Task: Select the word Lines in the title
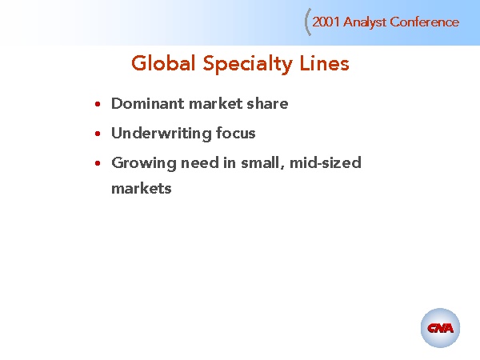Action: point(324,64)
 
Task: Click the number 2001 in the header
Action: point(326,22)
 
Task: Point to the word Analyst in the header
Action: point(365,22)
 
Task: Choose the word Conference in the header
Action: point(425,22)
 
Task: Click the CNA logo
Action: point(440,328)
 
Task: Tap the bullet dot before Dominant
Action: point(97,105)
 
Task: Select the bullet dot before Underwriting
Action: point(97,134)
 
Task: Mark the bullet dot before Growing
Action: point(97,164)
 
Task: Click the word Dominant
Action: point(147,104)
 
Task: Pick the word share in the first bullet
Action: point(268,104)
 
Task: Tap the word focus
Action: point(236,134)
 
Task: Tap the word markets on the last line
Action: point(142,190)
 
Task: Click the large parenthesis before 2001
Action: point(308,23)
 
